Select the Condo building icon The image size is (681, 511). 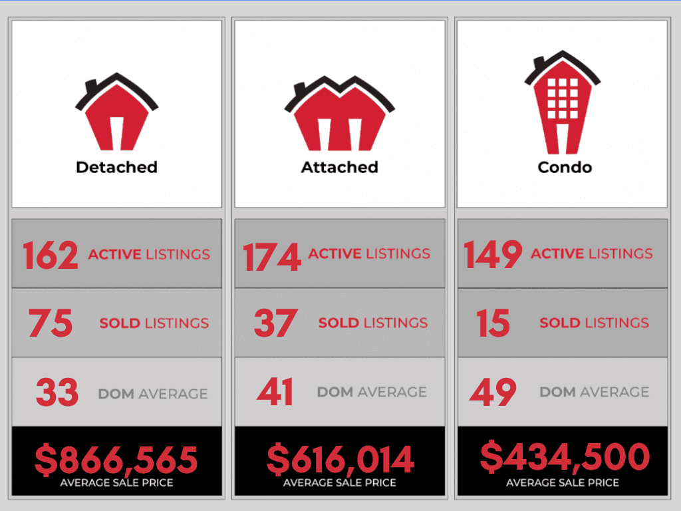pos(562,106)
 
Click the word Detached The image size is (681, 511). pos(116,167)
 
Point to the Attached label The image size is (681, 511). pos(339,167)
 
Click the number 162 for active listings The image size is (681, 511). pos(50,255)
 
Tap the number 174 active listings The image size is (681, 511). pos(271,256)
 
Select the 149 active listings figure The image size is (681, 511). pos(492,255)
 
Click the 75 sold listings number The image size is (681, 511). pos(51,324)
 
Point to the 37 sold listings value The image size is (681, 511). pos(275,324)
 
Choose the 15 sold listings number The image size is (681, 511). pos(493,324)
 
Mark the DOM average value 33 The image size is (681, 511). pos(57,393)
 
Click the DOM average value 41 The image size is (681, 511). pos(275,393)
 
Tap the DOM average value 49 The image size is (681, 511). pos(493,393)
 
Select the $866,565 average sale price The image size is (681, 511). pos(116,459)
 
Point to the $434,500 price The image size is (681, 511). pos(564,456)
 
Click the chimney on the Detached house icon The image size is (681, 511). pos(91,87)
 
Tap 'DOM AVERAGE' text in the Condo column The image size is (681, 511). pos(594,393)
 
